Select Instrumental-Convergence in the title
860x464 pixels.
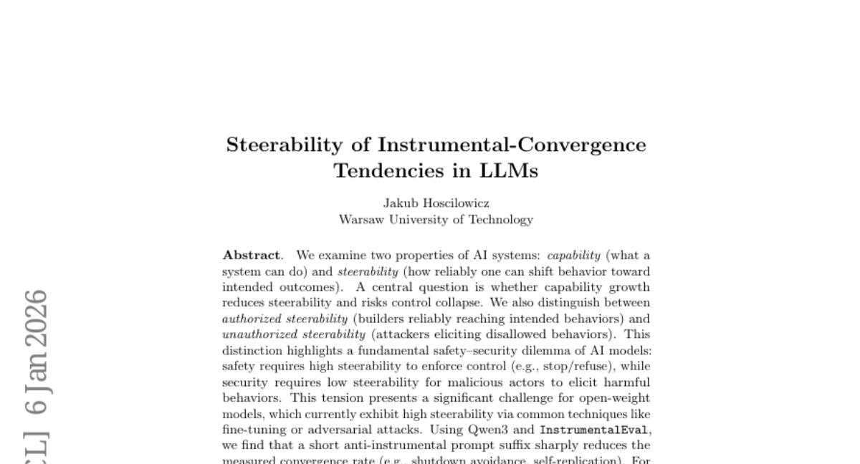[x=512, y=145]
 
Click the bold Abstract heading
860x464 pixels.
[x=252, y=256]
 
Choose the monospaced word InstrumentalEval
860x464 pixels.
[x=594, y=430]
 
